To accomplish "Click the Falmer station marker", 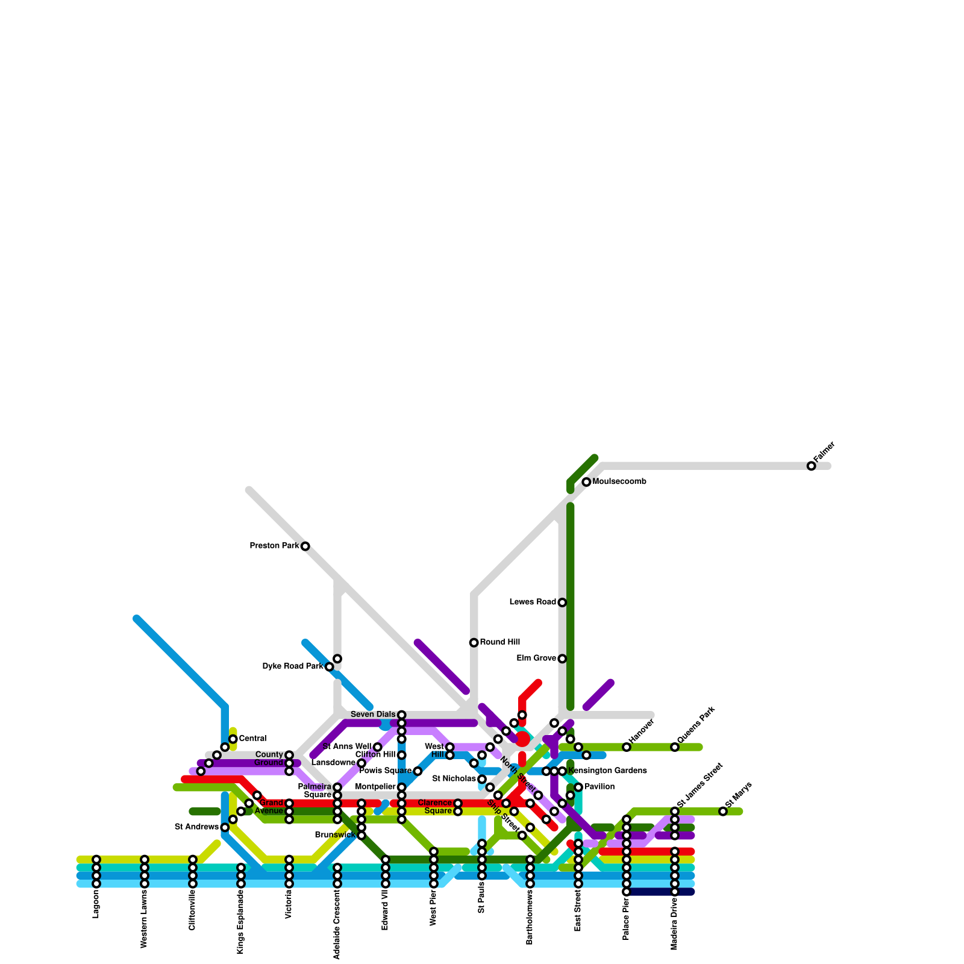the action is (x=811, y=466).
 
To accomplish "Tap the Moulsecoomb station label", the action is (x=619, y=482).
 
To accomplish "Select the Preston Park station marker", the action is (x=305, y=546).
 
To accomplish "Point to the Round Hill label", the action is (x=499, y=642).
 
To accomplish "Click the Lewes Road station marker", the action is (x=562, y=602).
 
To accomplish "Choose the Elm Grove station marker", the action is (x=562, y=659).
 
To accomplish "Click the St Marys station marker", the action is (x=723, y=812).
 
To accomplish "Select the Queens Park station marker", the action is (x=675, y=747).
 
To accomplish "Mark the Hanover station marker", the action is (x=627, y=747).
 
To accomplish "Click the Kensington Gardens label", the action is (x=607, y=771).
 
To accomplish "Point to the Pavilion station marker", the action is (x=578, y=787).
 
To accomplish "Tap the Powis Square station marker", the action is (x=418, y=771).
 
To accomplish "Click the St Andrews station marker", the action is (x=225, y=827).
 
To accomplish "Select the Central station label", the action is (x=252, y=739).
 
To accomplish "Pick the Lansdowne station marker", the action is (x=361, y=763).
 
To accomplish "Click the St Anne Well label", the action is (x=347, y=747).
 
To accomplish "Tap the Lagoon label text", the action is (x=96, y=904).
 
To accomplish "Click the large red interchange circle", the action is (x=522, y=739).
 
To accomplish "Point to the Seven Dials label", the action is (x=373, y=715).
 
